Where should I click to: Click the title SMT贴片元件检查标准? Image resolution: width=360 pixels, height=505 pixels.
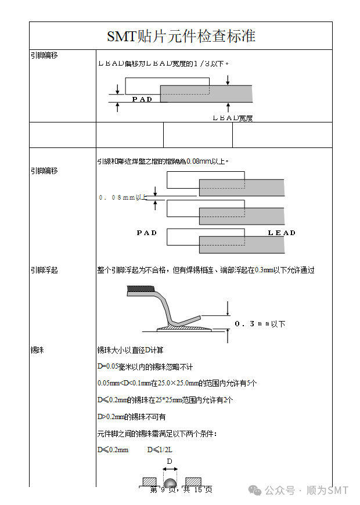[181, 37]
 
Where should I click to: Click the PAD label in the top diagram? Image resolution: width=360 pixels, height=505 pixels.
[142, 99]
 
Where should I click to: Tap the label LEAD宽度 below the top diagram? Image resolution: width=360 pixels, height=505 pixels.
[232, 118]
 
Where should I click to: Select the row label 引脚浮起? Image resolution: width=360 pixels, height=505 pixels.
[44, 270]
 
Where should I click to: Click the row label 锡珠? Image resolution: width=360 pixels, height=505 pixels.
[37, 351]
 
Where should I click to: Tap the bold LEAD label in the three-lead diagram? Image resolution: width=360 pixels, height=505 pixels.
[282, 233]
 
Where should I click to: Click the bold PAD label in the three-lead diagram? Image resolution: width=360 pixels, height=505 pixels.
[147, 233]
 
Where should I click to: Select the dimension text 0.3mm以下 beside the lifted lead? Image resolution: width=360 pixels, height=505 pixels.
[260, 324]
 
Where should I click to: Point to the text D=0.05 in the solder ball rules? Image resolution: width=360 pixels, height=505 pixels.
[108, 367]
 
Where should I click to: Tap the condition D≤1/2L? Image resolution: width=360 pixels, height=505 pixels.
[160, 450]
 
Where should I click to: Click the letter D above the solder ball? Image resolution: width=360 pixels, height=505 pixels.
[170, 461]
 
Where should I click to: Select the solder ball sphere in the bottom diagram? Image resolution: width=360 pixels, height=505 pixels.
[170, 483]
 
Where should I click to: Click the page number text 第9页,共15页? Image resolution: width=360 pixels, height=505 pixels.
[181, 490]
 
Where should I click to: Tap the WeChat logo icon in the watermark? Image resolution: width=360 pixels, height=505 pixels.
[255, 490]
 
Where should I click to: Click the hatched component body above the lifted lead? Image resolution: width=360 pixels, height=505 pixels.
[139, 288]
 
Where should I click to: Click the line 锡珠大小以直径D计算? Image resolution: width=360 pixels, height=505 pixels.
[130, 351]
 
